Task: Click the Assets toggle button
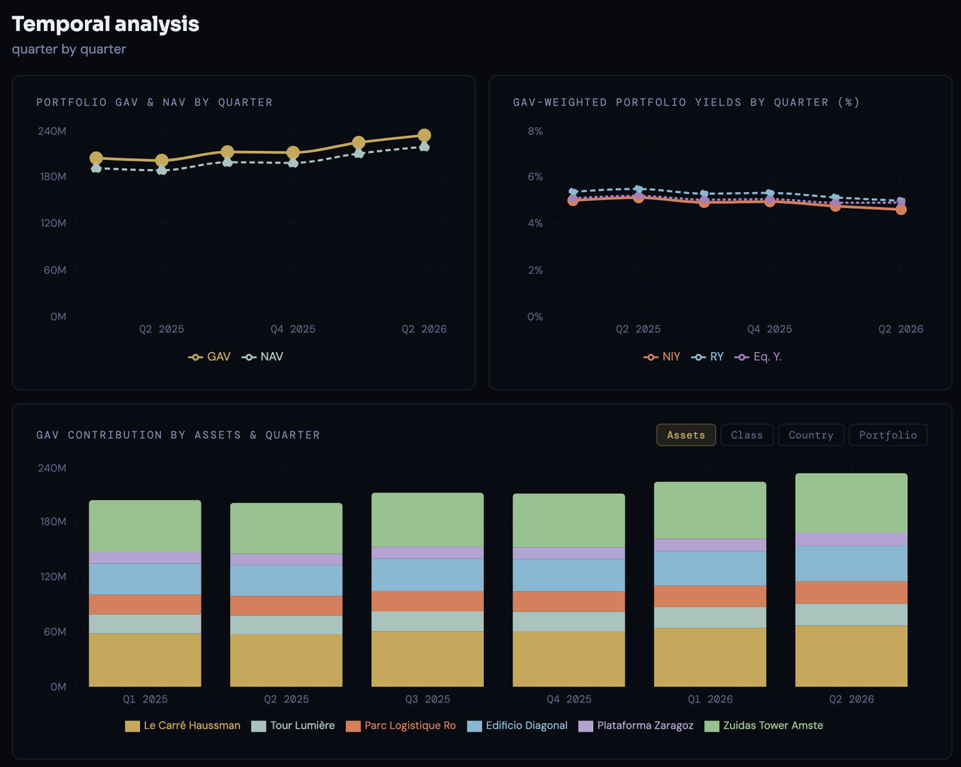pos(686,435)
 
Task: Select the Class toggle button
pos(747,435)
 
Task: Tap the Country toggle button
pos(811,435)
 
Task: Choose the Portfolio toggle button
pos(888,435)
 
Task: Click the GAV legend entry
pos(209,356)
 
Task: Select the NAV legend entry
pos(263,356)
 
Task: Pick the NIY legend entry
pos(662,356)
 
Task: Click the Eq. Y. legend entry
pos(758,356)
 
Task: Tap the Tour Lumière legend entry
pos(293,725)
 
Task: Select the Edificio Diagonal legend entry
pos(517,725)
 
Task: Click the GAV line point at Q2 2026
pos(424,135)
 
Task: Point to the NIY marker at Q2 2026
pos(901,209)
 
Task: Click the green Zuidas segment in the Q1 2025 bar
pos(145,526)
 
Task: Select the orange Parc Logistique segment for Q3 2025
pos(428,601)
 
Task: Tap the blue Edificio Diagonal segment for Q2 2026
pos(851,563)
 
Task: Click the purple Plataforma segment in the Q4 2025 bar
pos(568,553)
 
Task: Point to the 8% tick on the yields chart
pos(535,131)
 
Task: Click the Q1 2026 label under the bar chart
pos(710,699)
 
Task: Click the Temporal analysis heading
pos(106,24)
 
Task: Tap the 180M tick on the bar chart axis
pos(53,521)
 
